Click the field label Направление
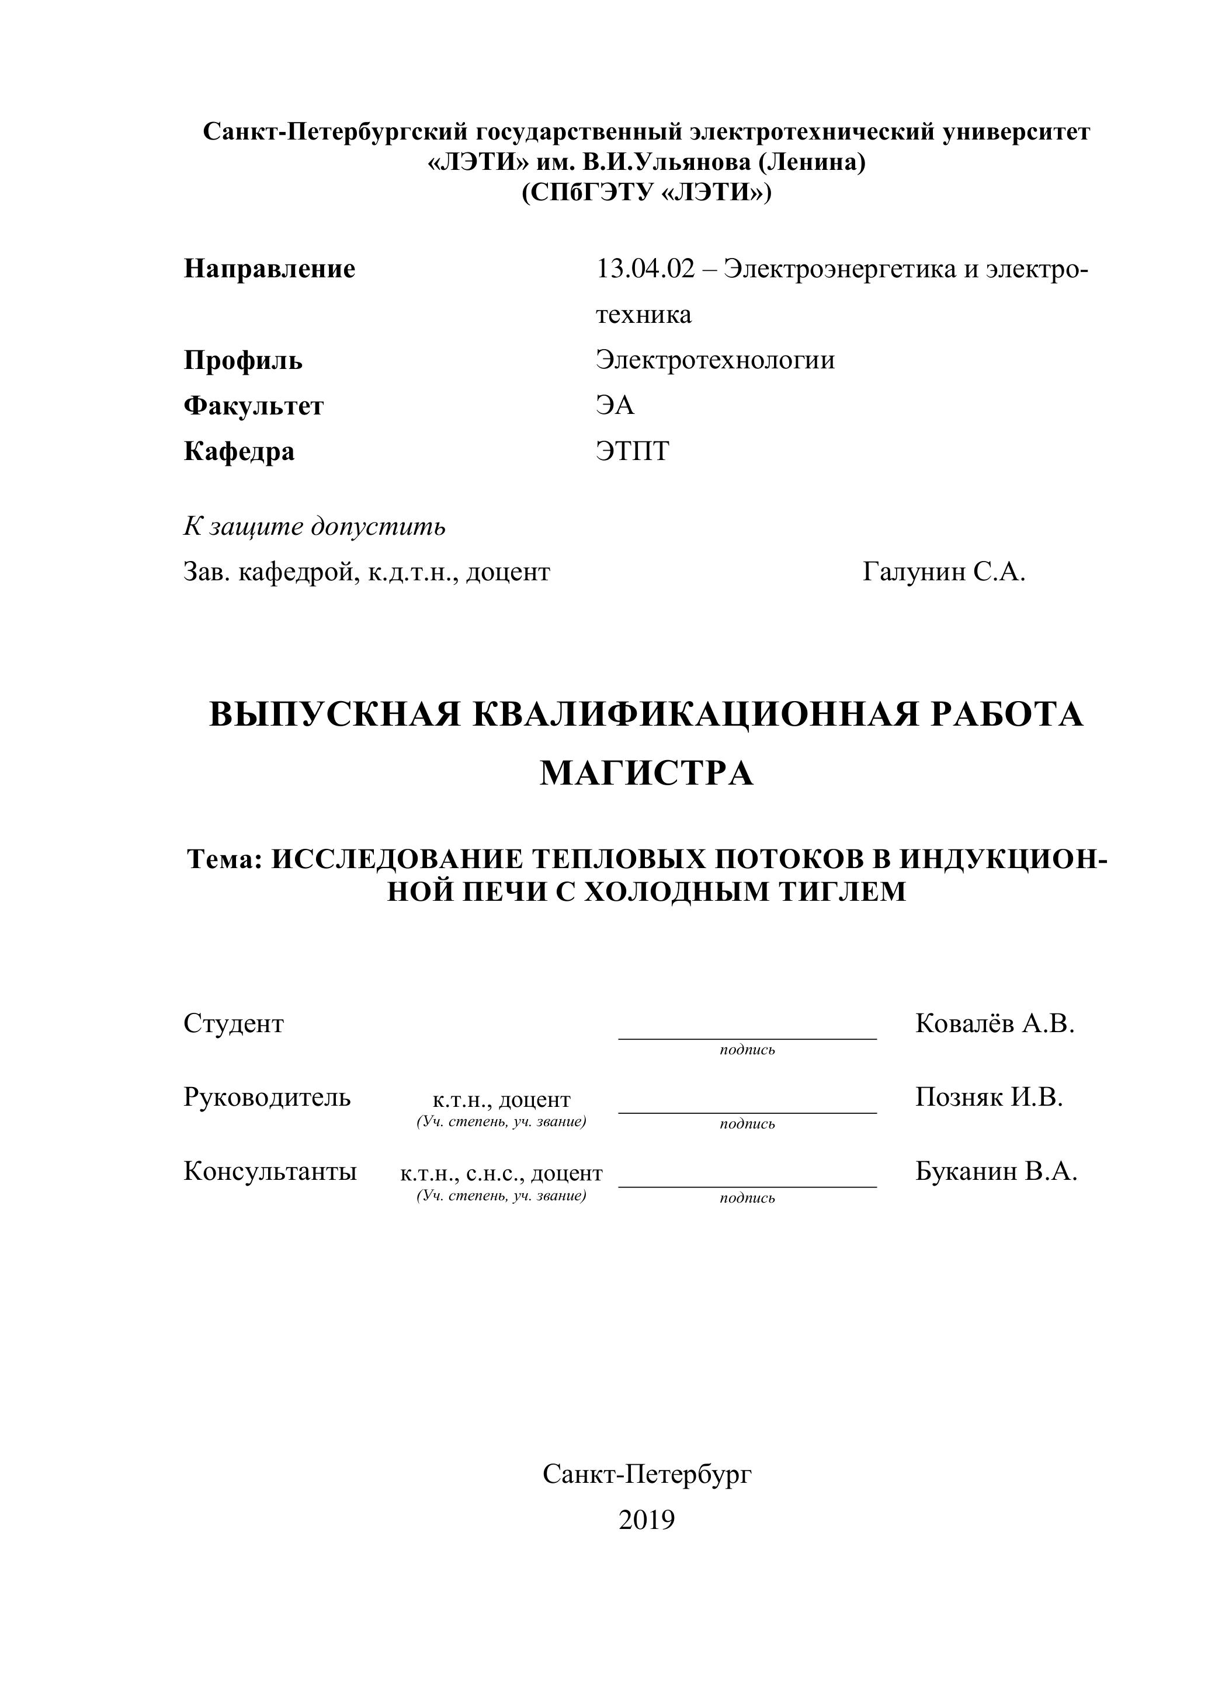pyautogui.click(x=269, y=269)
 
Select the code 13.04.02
pyautogui.click(x=645, y=269)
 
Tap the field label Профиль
pyautogui.click(x=243, y=361)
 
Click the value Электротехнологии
pyautogui.click(x=715, y=360)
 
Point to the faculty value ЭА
pyautogui.click(x=615, y=406)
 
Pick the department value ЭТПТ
pyautogui.click(x=632, y=451)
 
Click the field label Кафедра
pyautogui.click(x=239, y=451)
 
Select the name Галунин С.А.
pyautogui.click(x=944, y=572)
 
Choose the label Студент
pyautogui.click(x=234, y=1024)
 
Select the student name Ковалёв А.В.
pyautogui.click(x=995, y=1024)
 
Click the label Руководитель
pyautogui.click(x=267, y=1098)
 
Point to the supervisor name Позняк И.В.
pyautogui.click(x=988, y=1098)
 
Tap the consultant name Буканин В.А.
pyautogui.click(x=996, y=1172)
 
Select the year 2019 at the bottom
pyautogui.click(x=647, y=1520)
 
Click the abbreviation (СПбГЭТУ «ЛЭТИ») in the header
pyautogui.click(x=647, y=193)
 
